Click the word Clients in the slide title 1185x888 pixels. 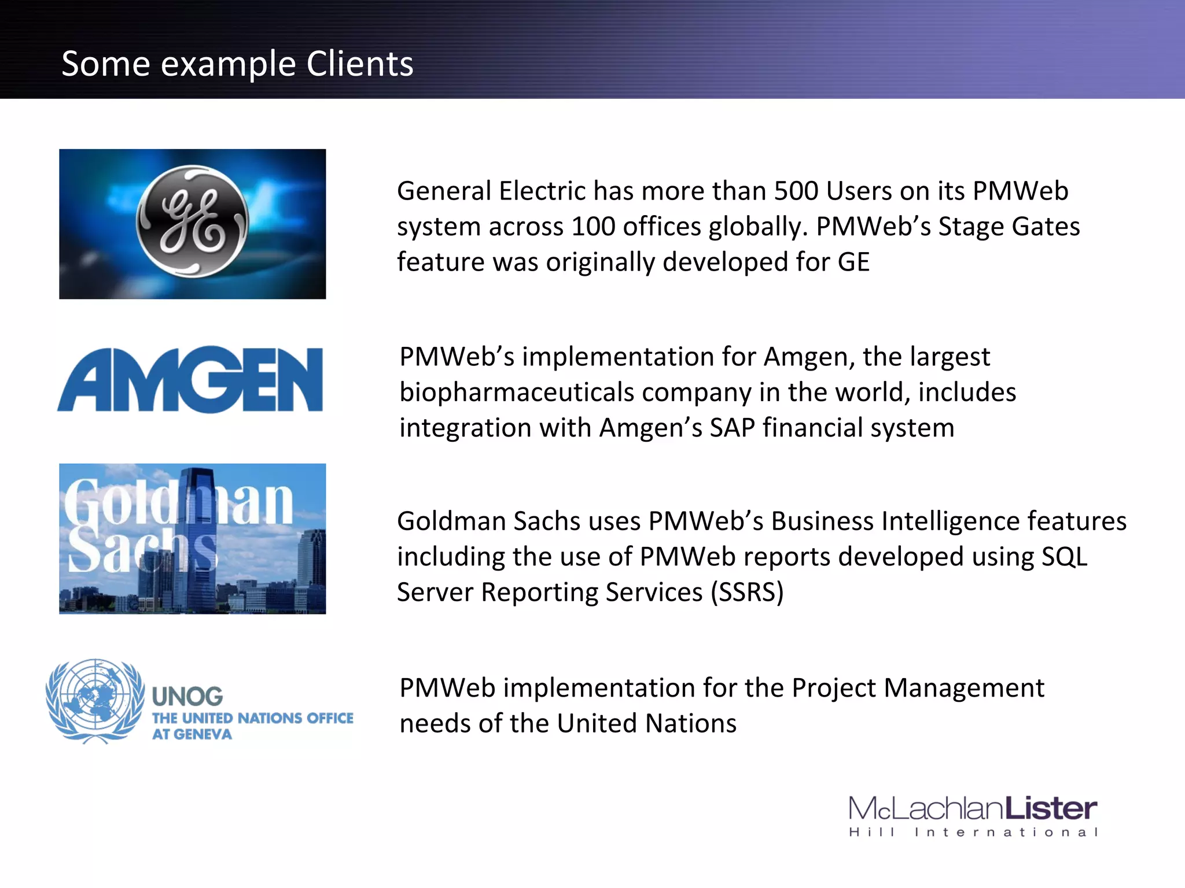(359, 64)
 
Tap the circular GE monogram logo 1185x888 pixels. (192, 222)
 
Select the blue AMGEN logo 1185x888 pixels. (190, 380)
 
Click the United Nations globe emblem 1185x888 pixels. (95, 700)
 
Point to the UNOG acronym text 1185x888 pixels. (187, 697)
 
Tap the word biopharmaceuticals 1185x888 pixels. (517, 393)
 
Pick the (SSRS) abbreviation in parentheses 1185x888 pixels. (747, 593)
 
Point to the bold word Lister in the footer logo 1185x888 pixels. (1050, 808)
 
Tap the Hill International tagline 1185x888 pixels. (973, 832)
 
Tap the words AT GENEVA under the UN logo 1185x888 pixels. (192, 734)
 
